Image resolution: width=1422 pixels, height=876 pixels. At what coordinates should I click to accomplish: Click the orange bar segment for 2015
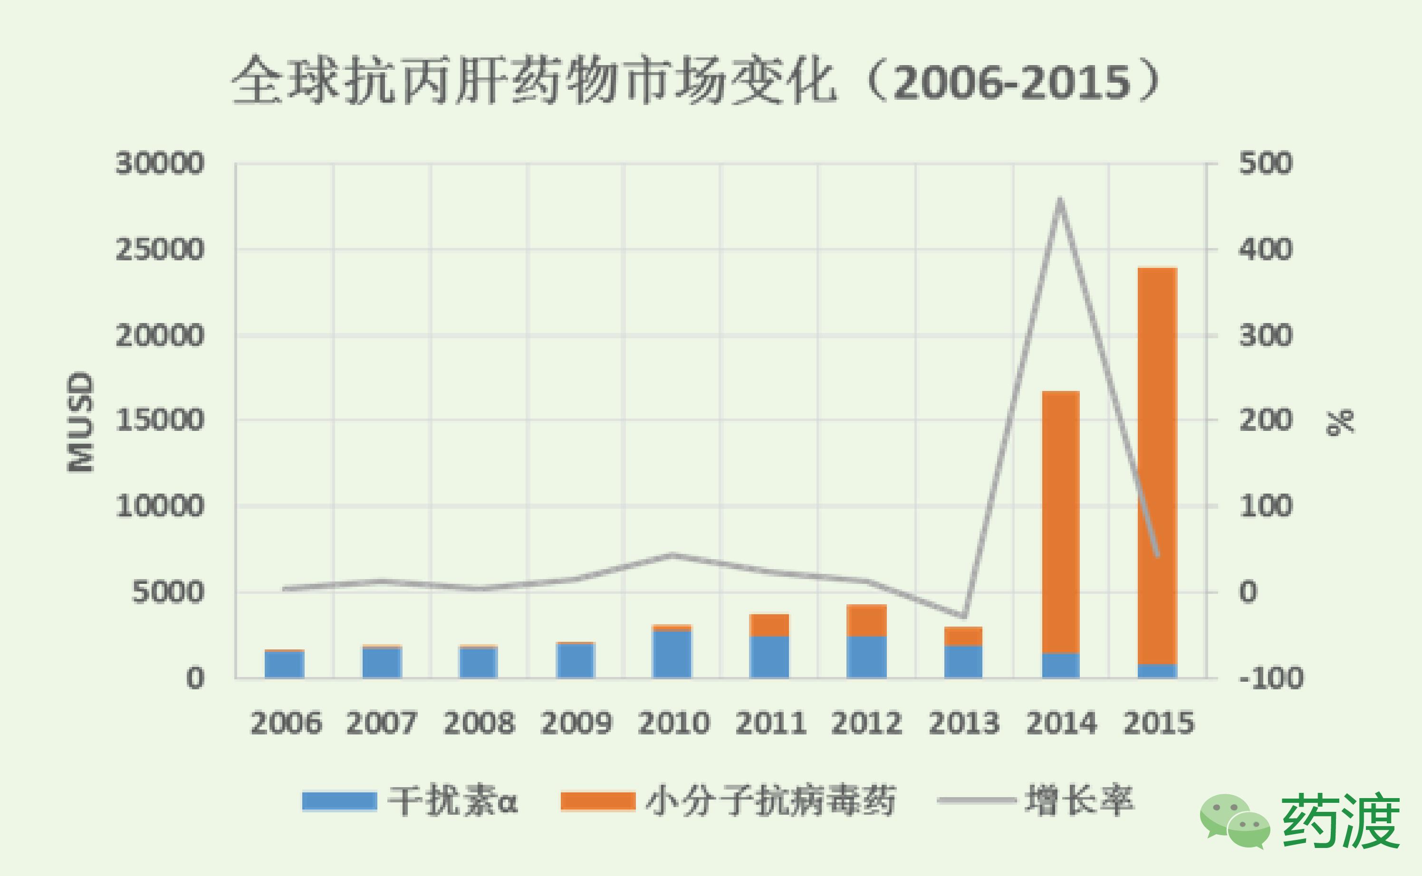1157,464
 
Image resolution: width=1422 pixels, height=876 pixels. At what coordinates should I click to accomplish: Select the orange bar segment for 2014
1060,522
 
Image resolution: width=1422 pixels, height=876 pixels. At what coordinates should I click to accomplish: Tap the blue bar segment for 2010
672,654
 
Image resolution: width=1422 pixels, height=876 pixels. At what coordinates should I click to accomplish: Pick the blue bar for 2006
285,664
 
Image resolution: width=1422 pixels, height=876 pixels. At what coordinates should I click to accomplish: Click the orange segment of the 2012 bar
866,620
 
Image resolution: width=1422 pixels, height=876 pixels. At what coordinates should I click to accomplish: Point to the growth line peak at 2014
1060,200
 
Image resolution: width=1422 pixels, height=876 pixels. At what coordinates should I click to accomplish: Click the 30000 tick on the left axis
160,163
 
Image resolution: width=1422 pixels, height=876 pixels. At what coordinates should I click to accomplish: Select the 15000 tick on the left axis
160,420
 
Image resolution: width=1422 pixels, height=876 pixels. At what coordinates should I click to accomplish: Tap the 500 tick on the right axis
1266,163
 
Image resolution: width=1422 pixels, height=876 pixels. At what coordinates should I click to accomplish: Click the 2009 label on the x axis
576,723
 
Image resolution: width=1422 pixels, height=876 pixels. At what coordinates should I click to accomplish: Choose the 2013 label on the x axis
964,723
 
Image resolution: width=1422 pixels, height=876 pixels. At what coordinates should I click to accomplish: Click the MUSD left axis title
80,422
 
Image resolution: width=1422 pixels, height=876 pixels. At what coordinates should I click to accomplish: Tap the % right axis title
1340,422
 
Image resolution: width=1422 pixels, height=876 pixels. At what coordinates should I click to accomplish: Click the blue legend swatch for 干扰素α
339,801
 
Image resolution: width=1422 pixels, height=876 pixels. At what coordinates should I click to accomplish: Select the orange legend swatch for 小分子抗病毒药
598,801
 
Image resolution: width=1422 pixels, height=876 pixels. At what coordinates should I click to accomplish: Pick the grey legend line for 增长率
977,800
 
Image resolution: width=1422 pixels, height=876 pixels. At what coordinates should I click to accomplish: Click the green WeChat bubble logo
1234,820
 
